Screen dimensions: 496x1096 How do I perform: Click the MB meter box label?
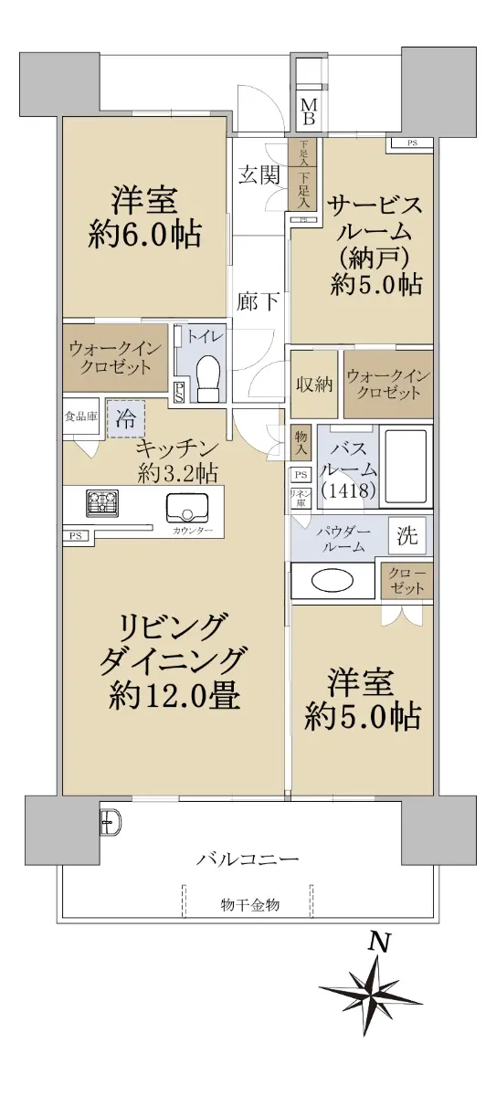coord(309,111)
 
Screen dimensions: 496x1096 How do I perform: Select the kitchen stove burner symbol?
coord(102,502)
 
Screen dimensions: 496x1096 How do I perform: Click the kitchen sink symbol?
coord(186,507)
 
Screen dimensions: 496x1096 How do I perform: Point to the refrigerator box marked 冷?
coord(126,419)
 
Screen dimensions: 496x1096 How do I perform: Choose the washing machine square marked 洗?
coord(407,536)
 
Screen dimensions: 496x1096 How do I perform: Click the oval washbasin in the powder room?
coord(332,581)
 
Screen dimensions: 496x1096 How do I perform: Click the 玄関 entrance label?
coord(259,174)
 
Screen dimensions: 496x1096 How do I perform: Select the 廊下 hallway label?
coord(258,302)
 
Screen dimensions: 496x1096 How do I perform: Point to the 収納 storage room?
coord(314,384)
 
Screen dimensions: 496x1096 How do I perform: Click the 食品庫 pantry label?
coord(81,416)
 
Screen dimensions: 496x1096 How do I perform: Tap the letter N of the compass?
coord(380,942)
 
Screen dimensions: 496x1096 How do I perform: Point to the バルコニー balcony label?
coord(248,859)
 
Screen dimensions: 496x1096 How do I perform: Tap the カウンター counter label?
coord(192,530)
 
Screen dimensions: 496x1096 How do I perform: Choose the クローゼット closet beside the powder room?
coord(407,580)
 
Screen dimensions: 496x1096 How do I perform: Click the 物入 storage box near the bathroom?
coord(301,442)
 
